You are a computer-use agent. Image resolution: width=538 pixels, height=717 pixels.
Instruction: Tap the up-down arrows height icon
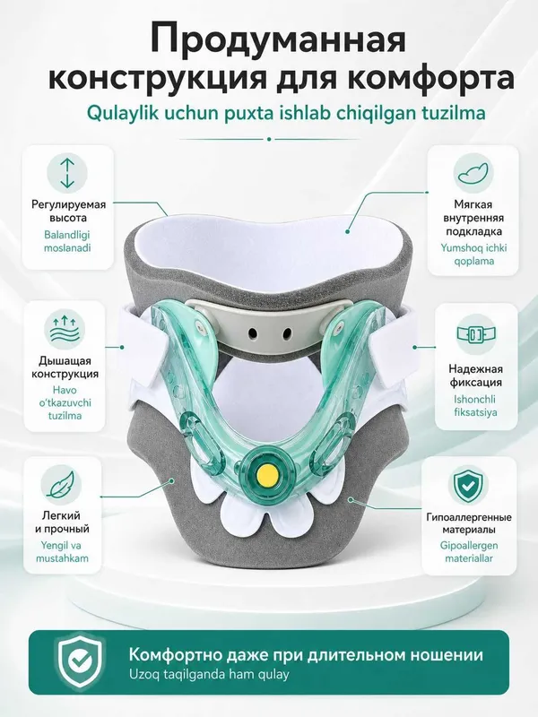[x=66, y=173]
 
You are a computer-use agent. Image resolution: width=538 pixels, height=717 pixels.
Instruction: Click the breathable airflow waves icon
[x=64, y=329]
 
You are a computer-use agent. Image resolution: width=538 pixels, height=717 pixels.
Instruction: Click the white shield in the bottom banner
[x=80, y=661]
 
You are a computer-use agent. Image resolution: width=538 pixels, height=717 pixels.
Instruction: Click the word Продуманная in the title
[x=278, y=39]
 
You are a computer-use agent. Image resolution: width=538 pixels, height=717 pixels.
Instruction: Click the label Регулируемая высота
[x=68, y=211]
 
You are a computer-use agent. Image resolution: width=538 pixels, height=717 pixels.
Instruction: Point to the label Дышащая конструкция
[x=65, y=367]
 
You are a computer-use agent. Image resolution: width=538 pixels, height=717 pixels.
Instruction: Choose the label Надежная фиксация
[x=475, y=376]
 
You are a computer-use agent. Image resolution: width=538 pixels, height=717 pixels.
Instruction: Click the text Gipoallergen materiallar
[x=469, y=552]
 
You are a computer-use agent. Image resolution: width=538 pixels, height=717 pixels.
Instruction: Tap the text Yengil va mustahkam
[x=62, y=552]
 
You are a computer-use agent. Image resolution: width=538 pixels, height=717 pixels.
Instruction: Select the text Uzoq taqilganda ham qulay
[x=209, y=675]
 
